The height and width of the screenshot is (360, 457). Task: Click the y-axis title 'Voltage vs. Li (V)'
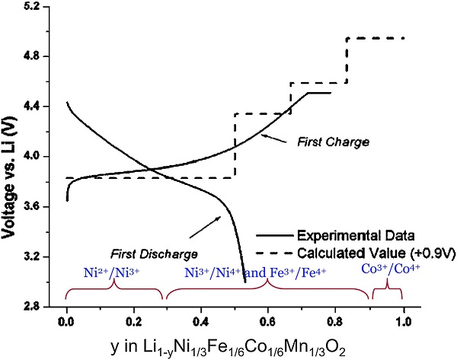coord(11,156)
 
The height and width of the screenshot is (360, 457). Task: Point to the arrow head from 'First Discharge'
coord(222,217)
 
